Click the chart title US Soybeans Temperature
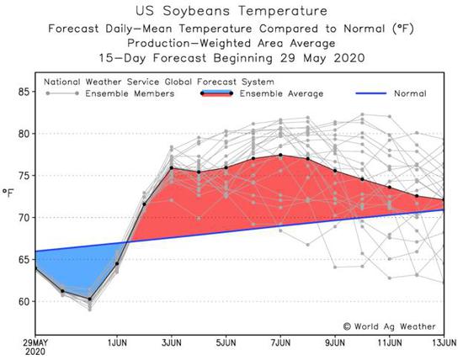231,11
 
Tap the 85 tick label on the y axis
24,92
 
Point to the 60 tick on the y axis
24,302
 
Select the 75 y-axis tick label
24,176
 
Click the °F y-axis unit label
8,193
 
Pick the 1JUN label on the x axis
117,343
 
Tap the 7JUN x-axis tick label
280,343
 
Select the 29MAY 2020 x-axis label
35,347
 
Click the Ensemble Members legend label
130,94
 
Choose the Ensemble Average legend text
281,94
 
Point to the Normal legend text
410,94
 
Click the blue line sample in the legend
371,93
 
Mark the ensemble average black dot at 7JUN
280,155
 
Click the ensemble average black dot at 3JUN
171,168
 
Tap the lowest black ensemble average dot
90,299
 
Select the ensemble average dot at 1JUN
117,263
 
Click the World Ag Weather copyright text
390,326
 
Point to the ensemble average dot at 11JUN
390,187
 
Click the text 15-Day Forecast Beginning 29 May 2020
231,58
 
